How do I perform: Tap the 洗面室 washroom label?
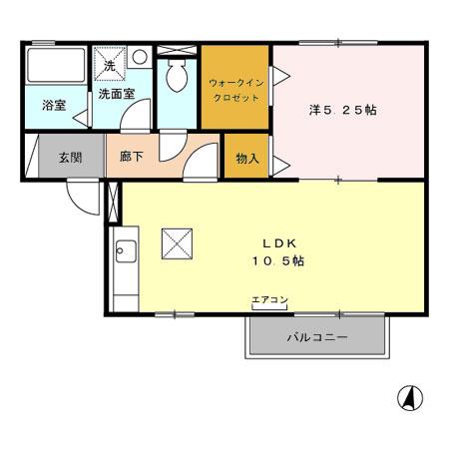[116, 95]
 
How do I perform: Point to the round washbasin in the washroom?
[141, 58]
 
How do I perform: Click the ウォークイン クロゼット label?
[234, 90]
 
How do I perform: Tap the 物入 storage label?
[246, 158]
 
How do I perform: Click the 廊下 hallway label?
[133, 158]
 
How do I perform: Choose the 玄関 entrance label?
[69, 158]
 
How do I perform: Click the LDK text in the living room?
[276, 242]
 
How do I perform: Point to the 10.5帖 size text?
[276, 260]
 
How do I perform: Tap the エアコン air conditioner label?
[269, 299]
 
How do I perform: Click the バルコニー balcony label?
[316, 337]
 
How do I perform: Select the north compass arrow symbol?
[408, 398]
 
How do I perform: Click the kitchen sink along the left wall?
[125, 251]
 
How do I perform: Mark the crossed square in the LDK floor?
[176, 242]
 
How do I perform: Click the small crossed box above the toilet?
[178, 48]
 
